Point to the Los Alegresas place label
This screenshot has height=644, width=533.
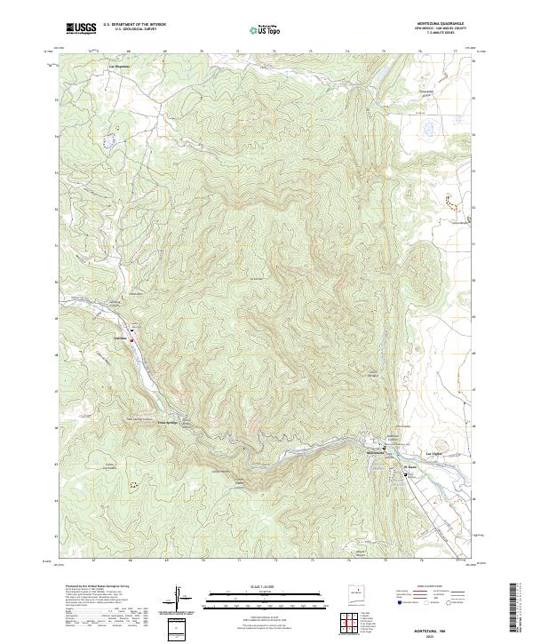coord(119,67)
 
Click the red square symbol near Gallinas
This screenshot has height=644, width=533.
coord(131,339)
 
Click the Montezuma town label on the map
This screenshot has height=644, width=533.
coord(378,454)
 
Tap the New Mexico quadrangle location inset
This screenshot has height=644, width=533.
coord(358,595)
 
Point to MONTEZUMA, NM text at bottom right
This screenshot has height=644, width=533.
coord(442,627)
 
